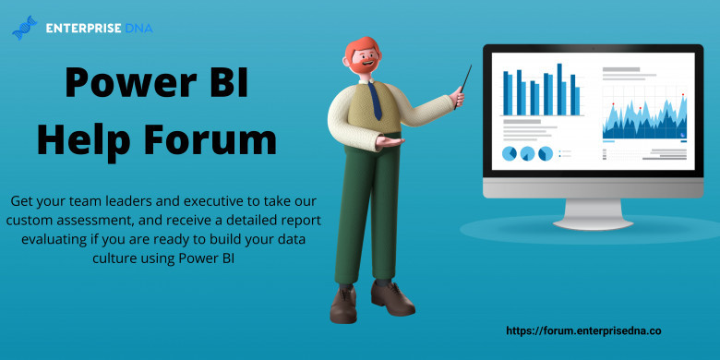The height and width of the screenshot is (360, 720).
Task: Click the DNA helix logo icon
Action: [25, 28]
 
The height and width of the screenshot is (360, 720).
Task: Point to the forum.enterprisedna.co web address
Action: [583, 330]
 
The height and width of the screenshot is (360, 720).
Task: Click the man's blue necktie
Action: [375, 101]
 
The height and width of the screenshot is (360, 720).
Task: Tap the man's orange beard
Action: [363, 66]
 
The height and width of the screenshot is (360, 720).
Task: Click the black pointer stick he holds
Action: [462, 87]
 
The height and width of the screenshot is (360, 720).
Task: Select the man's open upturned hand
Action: [390, 141]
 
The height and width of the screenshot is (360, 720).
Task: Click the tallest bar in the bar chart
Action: [559, 90]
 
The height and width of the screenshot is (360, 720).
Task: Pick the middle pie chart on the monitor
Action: [527, 153]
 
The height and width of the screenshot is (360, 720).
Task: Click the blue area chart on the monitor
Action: [644, 118]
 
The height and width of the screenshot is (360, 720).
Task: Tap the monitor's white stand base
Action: [593, 214]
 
